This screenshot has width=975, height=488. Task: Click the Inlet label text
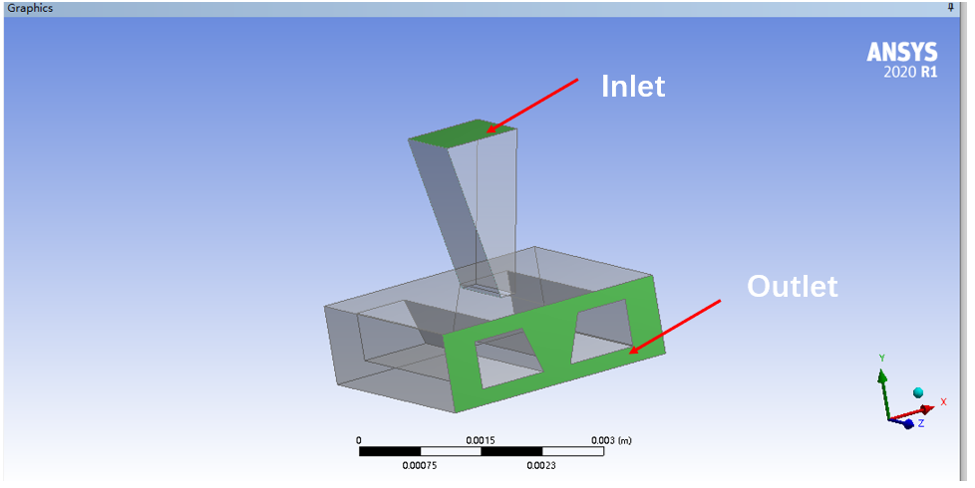[x=633, y=87]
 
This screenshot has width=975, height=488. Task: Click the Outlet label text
[x=793, y=286]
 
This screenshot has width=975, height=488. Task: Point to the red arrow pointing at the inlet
[x=532, y=105]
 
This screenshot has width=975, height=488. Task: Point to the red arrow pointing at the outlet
[x=675, y=327]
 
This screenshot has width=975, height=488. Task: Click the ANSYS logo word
[x=902, y=52]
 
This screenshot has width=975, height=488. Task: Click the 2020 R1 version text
[x=910, y=72]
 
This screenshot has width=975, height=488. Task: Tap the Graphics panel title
[x=30, y=8]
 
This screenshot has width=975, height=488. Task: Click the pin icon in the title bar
[x=950, y=7]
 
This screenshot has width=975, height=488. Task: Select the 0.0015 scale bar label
[x=481, y=440]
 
